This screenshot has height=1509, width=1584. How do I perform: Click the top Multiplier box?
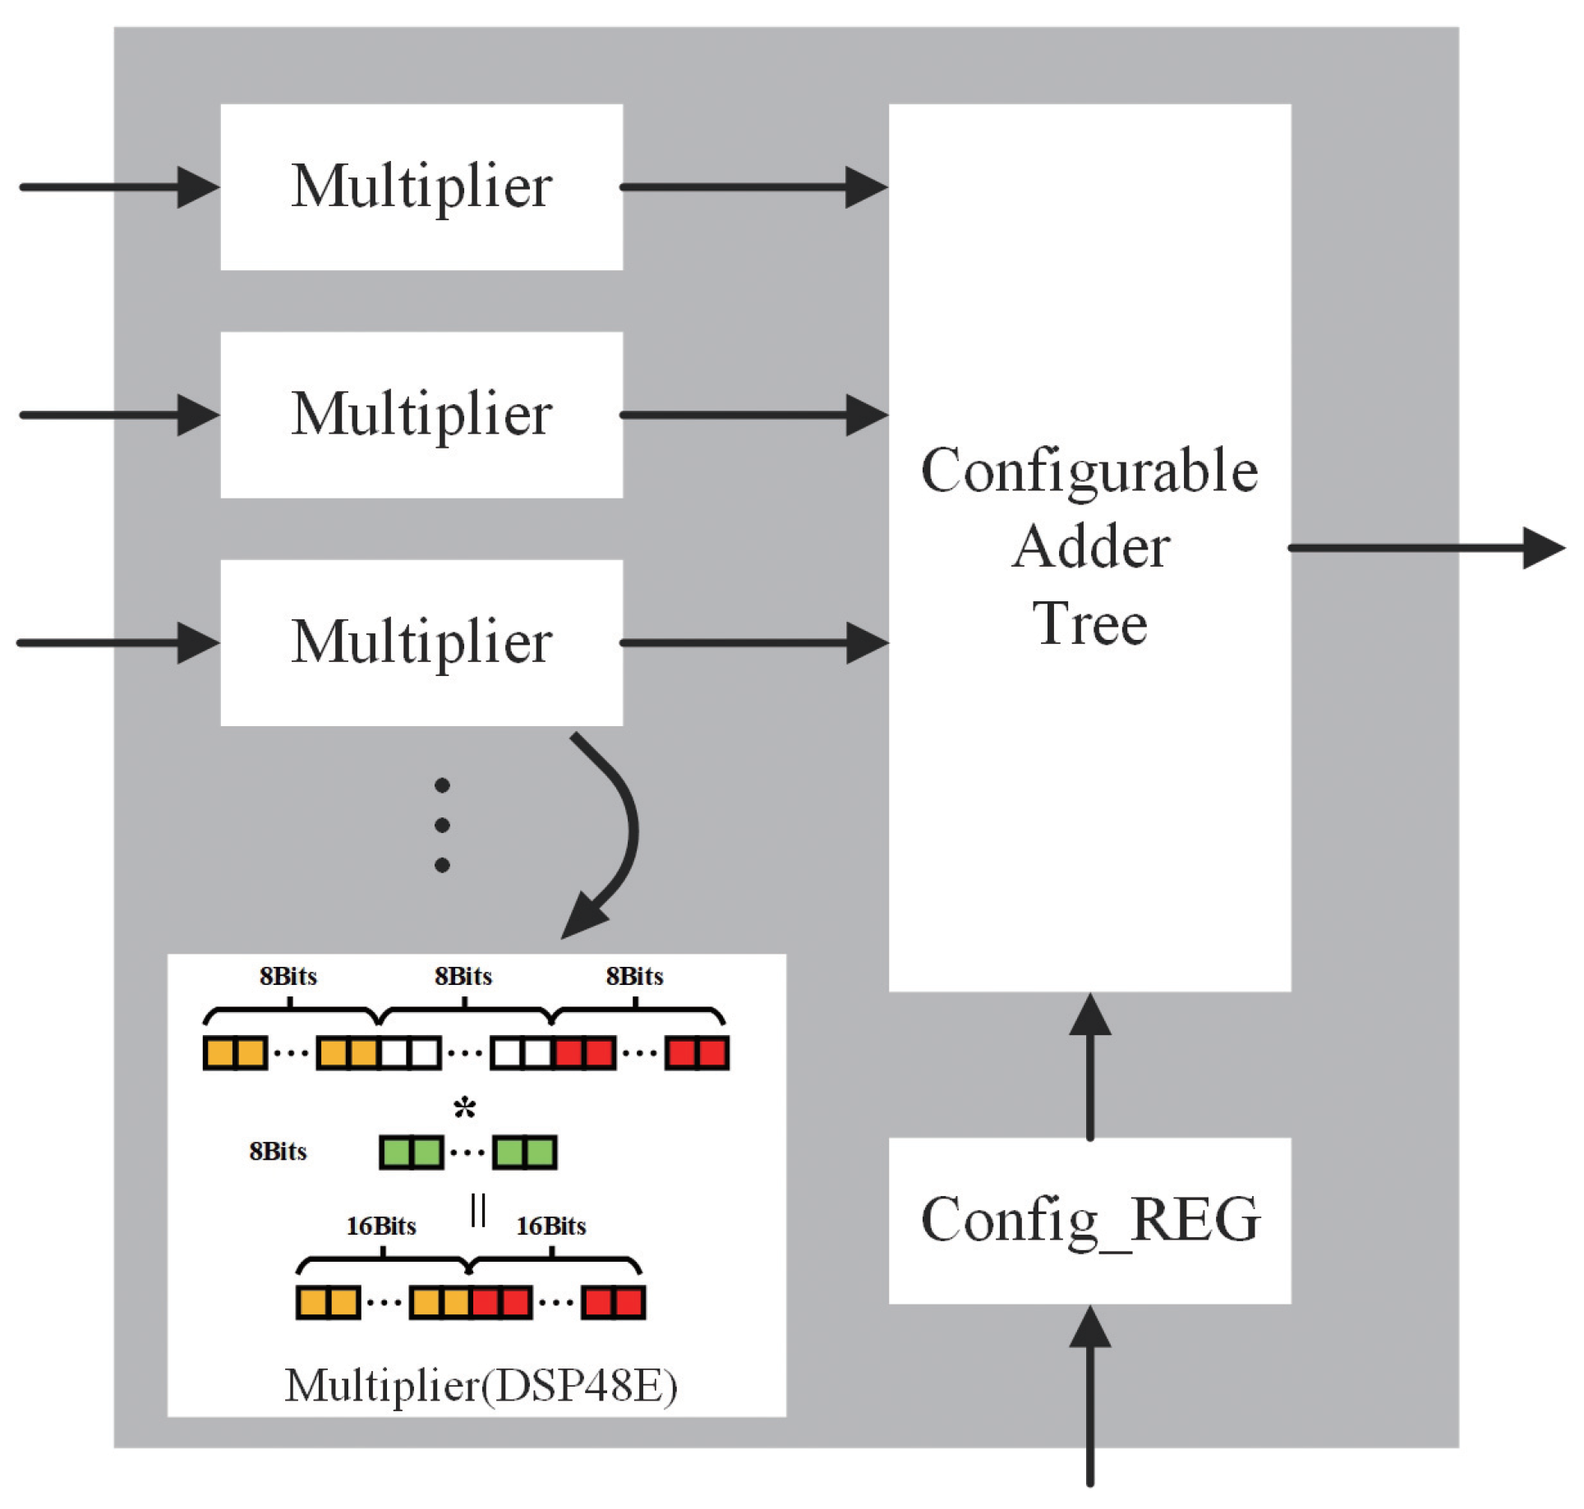(421, 186)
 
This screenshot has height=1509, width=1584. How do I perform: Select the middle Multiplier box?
(421, 414)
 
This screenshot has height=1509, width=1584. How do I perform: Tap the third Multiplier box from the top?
(421, 642)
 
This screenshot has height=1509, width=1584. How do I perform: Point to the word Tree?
(1089, 624)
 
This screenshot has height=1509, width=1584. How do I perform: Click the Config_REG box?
(1089, 1219)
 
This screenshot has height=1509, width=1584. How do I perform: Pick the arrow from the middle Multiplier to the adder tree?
(752, 414)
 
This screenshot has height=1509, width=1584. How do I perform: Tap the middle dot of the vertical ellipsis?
(442, 825)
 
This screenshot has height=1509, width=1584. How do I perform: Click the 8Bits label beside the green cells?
(278, 1151)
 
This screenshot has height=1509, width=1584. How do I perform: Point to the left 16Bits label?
(380, 1226)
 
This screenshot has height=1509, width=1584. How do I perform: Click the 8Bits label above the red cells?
(634, 976)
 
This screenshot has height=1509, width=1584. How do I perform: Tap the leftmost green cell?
(395, 1152)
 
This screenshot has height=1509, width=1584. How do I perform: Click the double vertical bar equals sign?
(478, 1210)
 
